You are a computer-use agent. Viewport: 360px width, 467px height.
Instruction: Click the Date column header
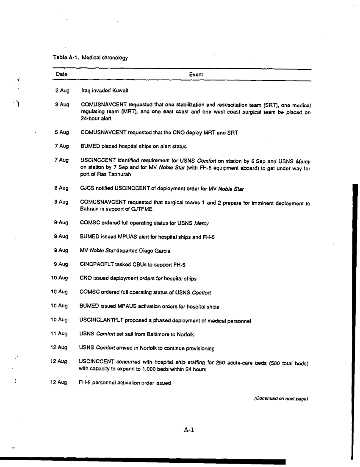[x=62, y=75]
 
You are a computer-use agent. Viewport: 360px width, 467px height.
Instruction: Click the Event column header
[x=196, y=75]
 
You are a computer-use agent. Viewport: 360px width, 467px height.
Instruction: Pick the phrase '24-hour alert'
[x=94, y=118]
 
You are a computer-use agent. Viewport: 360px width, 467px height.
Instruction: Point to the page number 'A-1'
[x=188, y=430]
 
